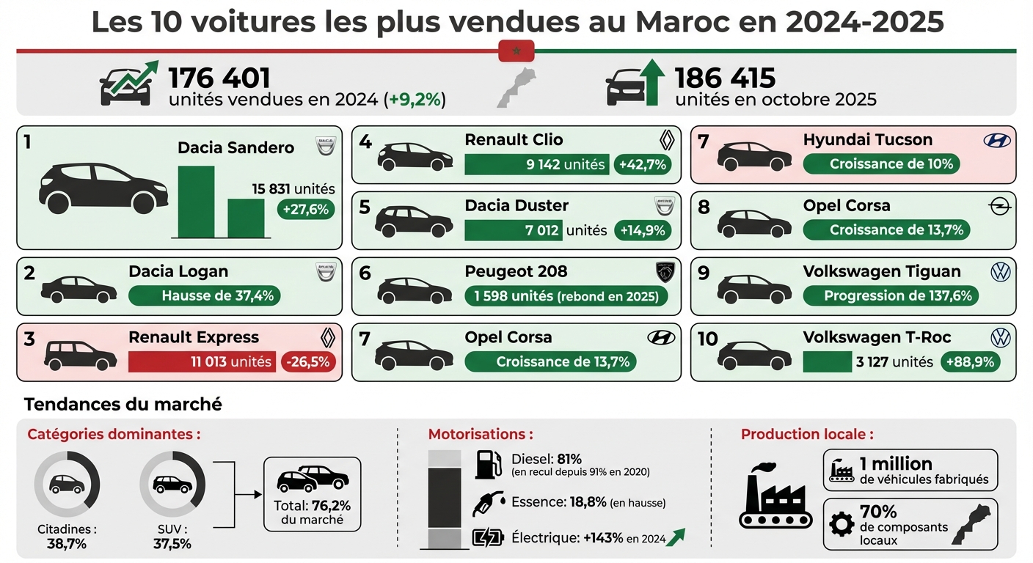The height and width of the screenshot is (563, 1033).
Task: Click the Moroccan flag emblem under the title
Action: coord(516,51)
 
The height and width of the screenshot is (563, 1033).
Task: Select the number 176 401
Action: coord(219,78)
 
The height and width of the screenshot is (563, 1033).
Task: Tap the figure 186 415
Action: coord(725,78)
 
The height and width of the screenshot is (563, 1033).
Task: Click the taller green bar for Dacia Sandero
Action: coord(196,202)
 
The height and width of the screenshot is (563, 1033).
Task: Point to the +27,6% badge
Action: coord(305,210)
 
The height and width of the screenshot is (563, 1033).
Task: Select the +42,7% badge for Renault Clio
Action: coord(643,164)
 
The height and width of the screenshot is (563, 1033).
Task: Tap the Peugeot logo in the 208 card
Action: coord(663,272)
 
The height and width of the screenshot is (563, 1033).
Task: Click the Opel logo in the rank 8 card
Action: coord(1001,206)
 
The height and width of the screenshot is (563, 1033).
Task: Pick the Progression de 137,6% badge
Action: coord(898,296)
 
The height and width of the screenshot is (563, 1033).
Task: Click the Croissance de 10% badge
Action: coord(891,164)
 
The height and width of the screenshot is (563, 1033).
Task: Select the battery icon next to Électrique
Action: coord(488,537)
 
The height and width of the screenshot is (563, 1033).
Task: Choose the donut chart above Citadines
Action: coord(67,484)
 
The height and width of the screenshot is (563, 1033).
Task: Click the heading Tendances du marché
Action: coord(123,404)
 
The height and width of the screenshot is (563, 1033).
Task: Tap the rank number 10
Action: coord(707,339)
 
